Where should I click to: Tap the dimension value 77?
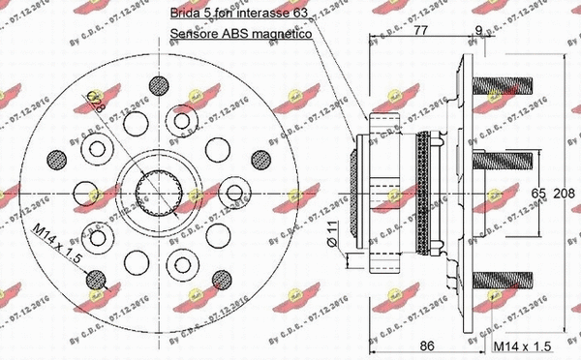coord(419,31)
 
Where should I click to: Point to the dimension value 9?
coord(479,31)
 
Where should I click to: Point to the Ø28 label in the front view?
coord(118,100)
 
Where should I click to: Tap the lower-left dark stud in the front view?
coord(95,281)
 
